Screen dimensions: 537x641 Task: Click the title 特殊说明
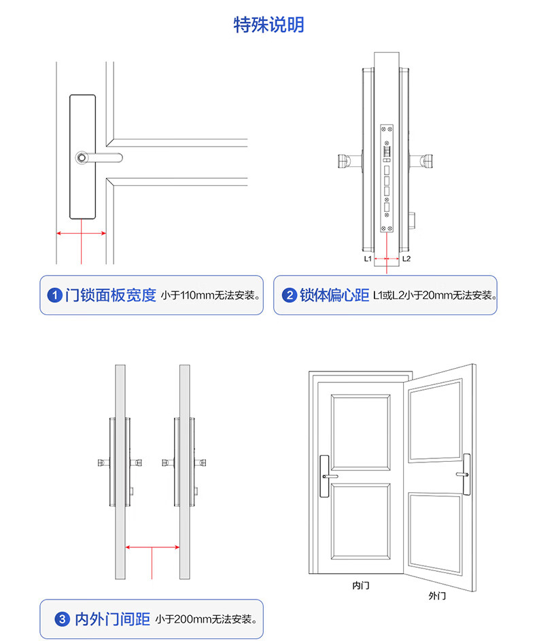(x=268, y=25)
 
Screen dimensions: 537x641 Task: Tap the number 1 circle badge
(x=55, y=295)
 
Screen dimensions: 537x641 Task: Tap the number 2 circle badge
(x=289, y=295)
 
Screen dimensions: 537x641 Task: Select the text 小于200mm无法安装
(x=206, y=619)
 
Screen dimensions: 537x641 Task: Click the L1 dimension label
(x=367, y=259)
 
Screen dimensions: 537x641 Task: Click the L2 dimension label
(x=406, y=259)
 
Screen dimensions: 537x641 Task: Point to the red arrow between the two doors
(x=152, y=547)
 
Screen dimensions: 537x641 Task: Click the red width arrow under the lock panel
(x=81, y=233)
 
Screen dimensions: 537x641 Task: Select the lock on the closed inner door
(x=325, y=475)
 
